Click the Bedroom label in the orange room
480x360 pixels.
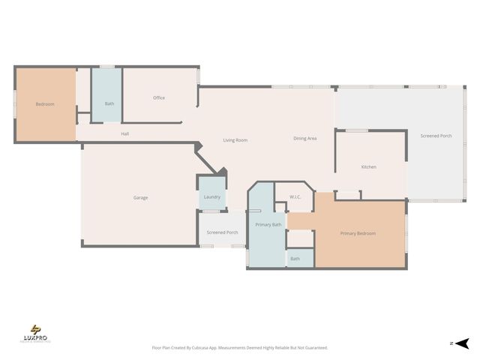[x=45, y=104]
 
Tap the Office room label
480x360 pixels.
[x=159, y=97]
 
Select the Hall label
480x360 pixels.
[x=126, y=134]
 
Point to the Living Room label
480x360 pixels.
[x=235, y=140]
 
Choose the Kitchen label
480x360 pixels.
[x=368, y=166]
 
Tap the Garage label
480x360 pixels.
[x=140, y=198]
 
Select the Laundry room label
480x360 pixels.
[x=211, y=197]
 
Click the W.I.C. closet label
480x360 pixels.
[x=295, y=197]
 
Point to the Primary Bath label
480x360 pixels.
[x=268, y=225]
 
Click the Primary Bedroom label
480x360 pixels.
[x=358, y=233]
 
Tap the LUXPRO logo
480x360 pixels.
[x=35, y=334]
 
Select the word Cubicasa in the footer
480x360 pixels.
[x=199, y=348]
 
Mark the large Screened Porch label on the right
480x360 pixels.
[x=436, y=136]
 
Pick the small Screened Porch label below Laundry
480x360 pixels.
[x=222, y=232]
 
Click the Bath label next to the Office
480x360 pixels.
[x=109, y=103]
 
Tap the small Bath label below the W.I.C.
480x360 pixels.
[x=295, y=259]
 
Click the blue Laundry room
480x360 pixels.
[x=211, y=187]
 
